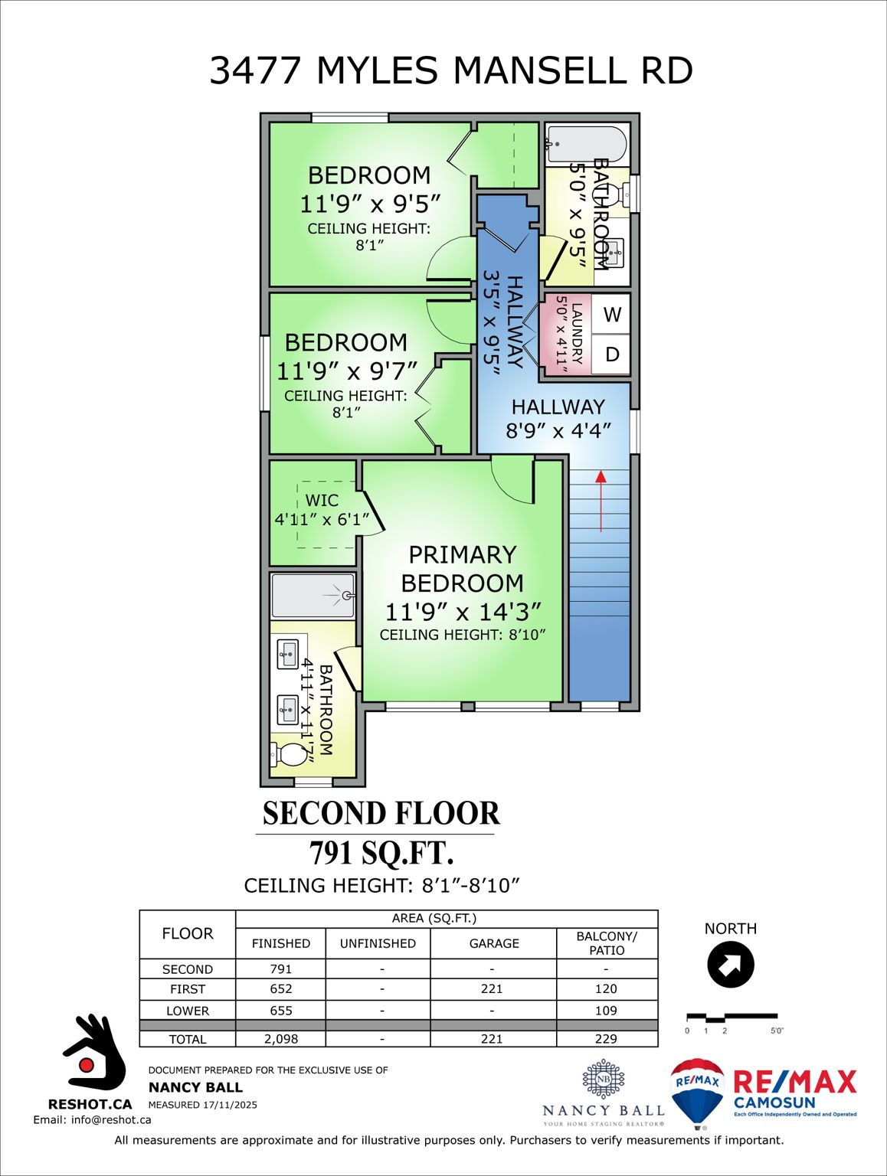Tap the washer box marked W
point(611,315)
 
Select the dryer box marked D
point(611,354)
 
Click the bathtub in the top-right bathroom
point(587,144)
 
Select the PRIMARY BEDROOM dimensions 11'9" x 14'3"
point(463,612)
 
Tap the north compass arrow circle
point(730,965)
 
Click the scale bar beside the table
point(731,1018)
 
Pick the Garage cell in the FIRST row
point(492,989)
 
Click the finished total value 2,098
point(280,1039)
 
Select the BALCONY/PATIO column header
point(607,943)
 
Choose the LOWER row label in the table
point(188,1011)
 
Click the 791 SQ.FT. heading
point(381,853)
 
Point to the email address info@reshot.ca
point(92,1119)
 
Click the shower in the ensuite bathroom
point(313,596)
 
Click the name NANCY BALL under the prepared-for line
point(195,1087)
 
